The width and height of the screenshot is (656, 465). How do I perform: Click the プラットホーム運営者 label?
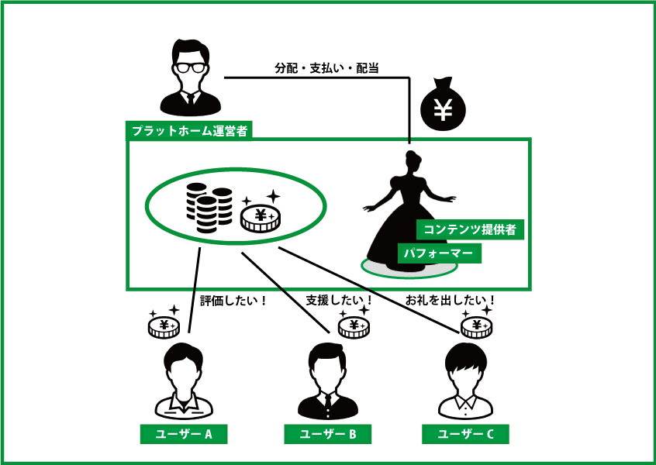[x=189, y=130]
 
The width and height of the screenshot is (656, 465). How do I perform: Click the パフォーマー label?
[x=439, y=253]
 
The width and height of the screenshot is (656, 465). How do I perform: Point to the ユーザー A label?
[x=183, y=434]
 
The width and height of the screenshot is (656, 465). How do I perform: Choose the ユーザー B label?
[x=327, y=434]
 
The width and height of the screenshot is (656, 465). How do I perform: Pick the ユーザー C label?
[x=465, y=434]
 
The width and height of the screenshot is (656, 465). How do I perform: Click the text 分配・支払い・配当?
[x=326, y=68]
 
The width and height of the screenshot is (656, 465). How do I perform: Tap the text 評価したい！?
[x=233, y=299]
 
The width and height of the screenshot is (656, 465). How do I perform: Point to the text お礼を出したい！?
[x=451, y=299]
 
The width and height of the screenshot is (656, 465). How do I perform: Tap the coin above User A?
[x=164, y=326]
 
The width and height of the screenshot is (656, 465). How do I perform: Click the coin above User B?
[x=354, y=326]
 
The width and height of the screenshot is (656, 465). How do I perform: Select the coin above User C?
[x=475, y=326]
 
